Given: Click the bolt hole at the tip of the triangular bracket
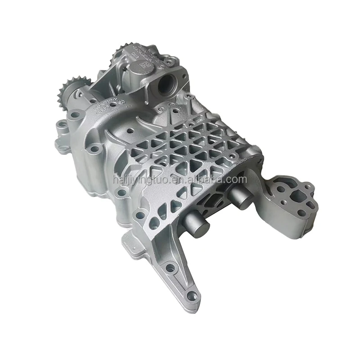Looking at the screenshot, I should click(x=193, y=296).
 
